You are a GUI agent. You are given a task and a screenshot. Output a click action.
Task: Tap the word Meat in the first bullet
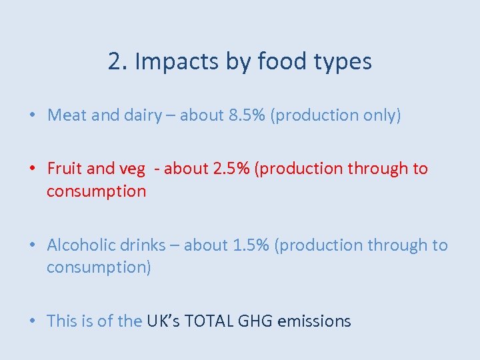click(67, 115)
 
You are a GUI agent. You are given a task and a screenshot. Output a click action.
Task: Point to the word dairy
click(143, 115)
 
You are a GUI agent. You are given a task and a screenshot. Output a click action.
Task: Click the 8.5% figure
click(248, 115)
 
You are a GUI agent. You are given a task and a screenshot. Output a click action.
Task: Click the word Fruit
click(65, 169)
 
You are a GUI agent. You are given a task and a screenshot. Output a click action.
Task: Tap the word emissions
click(314, 321)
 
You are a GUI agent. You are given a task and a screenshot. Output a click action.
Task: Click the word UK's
click(163, 321)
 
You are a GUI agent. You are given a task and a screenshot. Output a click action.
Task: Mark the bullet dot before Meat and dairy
click(32, 116)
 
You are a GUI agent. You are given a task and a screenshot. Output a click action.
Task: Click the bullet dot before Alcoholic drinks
click(32, 246)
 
